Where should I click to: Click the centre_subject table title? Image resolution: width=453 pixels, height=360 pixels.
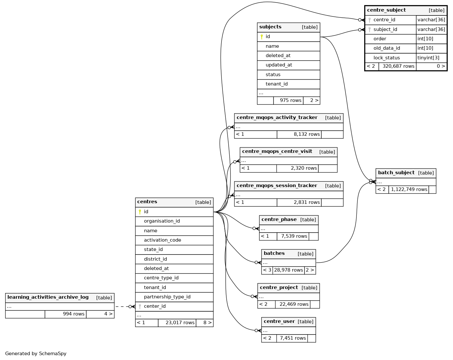coord(386,10)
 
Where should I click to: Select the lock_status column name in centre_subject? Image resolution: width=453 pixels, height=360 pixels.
coord(386,58)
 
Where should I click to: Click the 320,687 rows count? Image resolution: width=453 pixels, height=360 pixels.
coord(398,66)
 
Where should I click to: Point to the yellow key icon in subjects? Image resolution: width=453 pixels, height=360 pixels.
coord(262,37)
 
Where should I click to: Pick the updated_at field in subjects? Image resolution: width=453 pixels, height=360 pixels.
coord(279,65)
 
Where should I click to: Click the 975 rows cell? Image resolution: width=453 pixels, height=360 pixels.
coord(290,100)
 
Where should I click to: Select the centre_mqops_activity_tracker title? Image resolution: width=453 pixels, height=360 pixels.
coord(277,117)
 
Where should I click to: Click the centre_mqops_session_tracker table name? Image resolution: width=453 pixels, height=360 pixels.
coord(277,185)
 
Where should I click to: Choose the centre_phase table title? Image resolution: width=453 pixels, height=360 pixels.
coord(279,219)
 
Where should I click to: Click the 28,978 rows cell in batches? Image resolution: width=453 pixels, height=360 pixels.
coord(288,270)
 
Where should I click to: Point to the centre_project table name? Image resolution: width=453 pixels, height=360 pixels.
coord(279,287)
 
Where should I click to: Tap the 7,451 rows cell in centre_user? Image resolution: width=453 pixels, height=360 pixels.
coord(293,338)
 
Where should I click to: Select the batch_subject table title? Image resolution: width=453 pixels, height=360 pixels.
coord(396,173)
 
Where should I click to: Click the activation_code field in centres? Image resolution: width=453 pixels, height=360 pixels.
coord(162,240)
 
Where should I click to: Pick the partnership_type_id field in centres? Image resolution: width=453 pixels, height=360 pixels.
coord(167,297)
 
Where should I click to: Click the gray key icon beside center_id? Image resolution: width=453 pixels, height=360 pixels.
coord(140,306)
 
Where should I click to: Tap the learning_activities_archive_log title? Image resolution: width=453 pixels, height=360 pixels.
coord(48,297)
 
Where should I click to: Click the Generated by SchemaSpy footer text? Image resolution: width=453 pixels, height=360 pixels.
coord(36,354)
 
